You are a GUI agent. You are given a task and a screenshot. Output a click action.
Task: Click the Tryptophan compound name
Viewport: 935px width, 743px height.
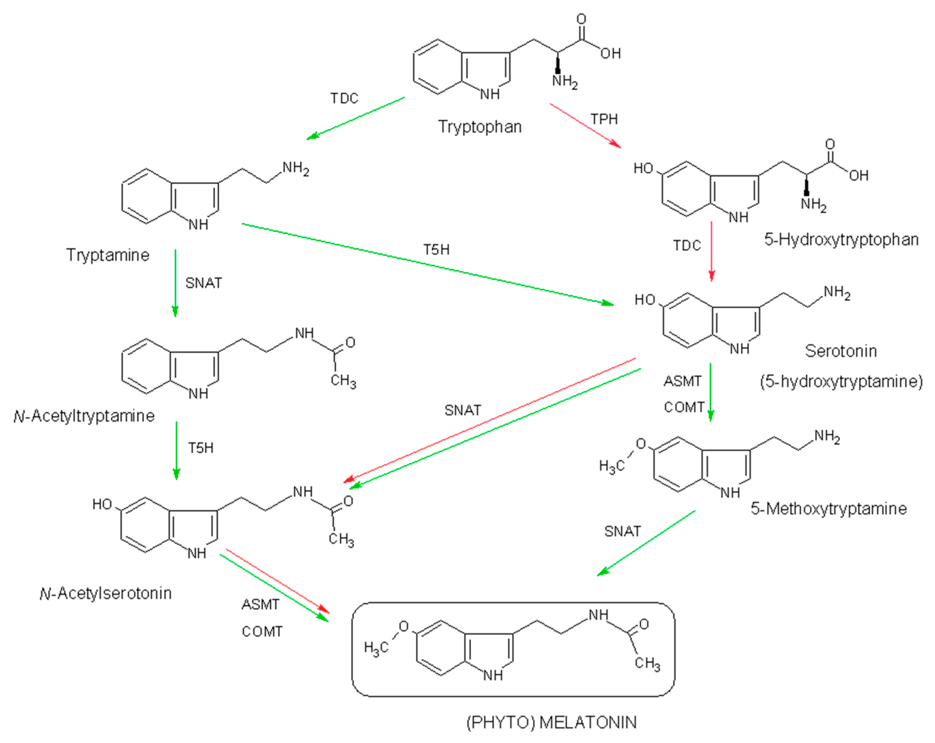(480, 127)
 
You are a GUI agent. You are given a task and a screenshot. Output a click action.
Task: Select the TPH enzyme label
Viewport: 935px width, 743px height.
(604, 119)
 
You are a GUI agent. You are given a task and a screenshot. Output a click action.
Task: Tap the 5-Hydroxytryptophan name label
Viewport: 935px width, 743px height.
(841, 240)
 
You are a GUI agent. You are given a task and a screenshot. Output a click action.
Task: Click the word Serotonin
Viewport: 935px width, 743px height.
(840, 351)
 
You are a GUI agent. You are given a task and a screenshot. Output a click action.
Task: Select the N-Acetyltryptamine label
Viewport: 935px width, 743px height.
(84, 416)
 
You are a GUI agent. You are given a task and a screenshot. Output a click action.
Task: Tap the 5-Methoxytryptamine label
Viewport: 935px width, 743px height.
(828, 509)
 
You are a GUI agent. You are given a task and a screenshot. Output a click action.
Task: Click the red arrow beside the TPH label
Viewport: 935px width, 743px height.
(585, 126)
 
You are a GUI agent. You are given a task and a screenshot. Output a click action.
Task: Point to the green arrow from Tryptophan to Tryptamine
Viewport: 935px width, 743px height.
(355, 118)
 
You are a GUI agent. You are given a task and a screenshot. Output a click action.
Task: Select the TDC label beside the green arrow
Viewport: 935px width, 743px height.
(344, 98)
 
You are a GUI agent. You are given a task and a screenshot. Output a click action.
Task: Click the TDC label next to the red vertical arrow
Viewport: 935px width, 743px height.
(687, 246)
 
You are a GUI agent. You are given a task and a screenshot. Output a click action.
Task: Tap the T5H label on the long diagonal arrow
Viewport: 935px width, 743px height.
(436, 249)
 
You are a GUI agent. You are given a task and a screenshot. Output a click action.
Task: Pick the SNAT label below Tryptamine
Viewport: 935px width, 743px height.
(203, 283)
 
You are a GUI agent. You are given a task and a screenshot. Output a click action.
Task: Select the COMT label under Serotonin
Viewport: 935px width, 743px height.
(684, 407)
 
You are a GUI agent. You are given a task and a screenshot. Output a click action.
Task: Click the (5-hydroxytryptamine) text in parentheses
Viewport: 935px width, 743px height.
(841, 381)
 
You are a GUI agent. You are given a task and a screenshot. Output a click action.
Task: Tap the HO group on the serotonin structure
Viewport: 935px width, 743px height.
(644, 300)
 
